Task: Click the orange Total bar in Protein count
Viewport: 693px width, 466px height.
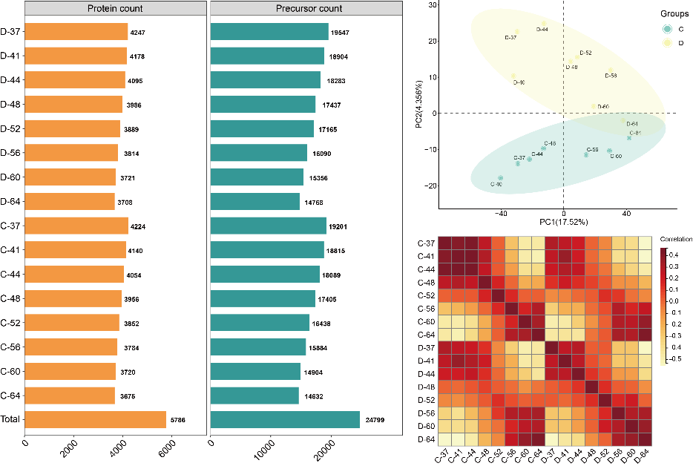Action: point(96,419)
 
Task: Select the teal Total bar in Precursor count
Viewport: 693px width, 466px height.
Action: point(285,419)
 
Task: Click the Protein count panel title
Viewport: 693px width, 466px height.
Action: point(116,9)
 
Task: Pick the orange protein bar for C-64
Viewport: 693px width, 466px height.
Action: point(70,396)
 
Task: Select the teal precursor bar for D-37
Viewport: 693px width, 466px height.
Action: point(269,32)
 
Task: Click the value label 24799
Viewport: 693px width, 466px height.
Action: point(373,421)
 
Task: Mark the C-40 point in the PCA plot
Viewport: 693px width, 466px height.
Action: point(500,178)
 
